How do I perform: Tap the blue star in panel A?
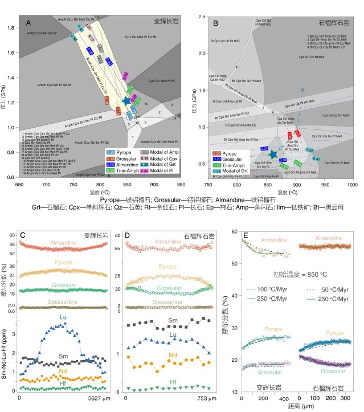pyautogui.click(x=126, y=101)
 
